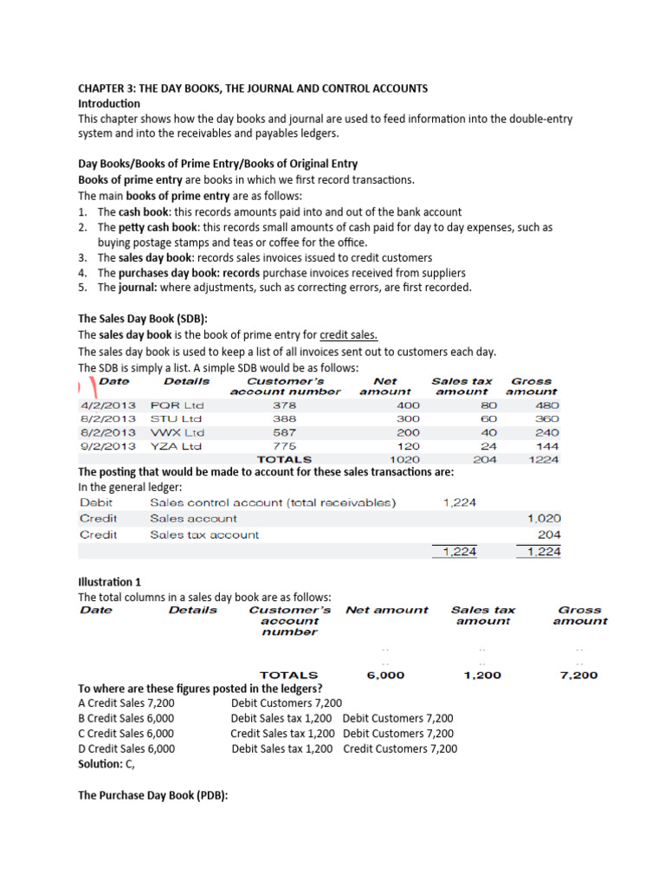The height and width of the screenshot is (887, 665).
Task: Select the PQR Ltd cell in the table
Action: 177,405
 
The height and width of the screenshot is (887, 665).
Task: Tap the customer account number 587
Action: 284,432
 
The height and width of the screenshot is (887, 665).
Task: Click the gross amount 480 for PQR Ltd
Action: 547,405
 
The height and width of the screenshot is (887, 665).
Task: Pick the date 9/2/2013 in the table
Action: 107,446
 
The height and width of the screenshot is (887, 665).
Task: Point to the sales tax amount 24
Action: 488,446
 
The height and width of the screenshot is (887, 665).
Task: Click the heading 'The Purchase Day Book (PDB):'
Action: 152,795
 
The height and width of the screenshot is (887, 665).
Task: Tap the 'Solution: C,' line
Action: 107,765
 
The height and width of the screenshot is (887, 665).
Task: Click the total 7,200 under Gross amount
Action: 579,676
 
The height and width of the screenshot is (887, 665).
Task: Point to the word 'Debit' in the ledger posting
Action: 96,502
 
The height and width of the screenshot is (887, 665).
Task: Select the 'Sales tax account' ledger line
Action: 204,534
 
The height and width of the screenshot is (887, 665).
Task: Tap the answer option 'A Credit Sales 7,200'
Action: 126,702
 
